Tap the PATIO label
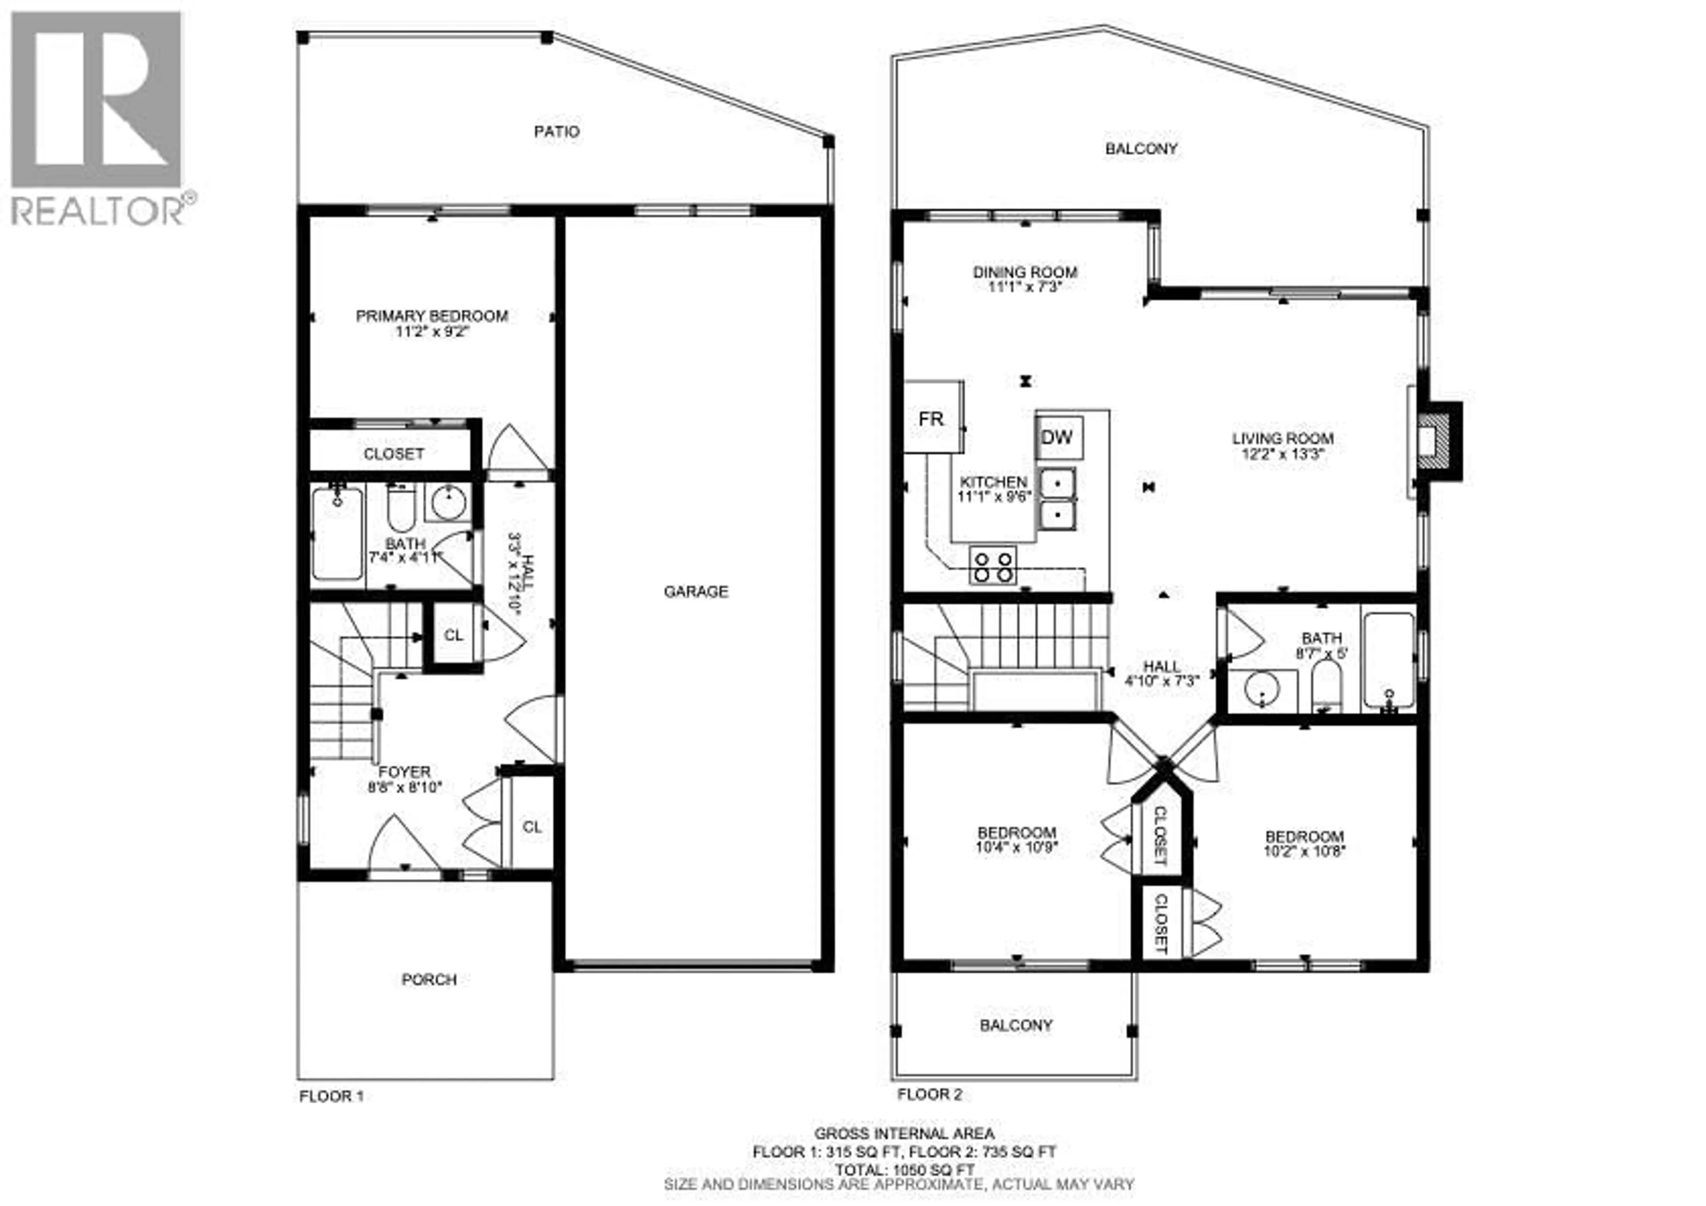click(557, 132)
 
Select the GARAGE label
click(695, 591)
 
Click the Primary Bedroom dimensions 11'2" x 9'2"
click(432, 331)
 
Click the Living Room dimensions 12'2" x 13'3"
click(1283, 454)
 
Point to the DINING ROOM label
click(1024, 272)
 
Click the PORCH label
click(429, 979)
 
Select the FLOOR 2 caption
click(929, 1094)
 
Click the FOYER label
click(404, 772)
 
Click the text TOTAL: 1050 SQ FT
click(904, 1169)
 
